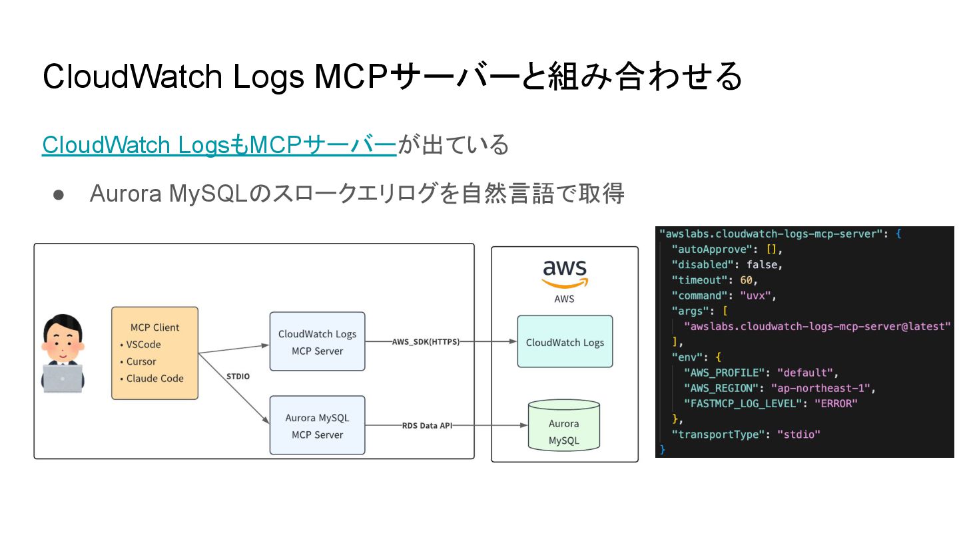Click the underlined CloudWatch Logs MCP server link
click(x=219, y=144)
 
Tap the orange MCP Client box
click(x=155, y=353)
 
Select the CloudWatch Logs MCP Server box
click(x=317, y=341)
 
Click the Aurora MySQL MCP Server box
click(x=317, y=425)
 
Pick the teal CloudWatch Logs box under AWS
click(x=565, y=341)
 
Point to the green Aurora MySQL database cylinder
click(x=564, y=425)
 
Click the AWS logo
click(x=565, y=274)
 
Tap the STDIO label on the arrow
click(x=238, y=377)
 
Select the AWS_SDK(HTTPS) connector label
click(x=426, y=342)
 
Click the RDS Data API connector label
click(x=427, y=426)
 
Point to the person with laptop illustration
click(x=63, y=353)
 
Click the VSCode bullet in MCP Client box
click(x=141, y=345)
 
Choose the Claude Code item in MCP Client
click(x=152, y=379)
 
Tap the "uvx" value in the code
click(x=756, y=295)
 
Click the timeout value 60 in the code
click(x=746, y=280)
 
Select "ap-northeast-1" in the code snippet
click(x=820, y=388)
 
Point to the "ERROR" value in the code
click(x=836, y=403)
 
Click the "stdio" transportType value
click(x=799, y=434)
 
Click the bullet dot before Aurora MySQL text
click(x=59, y=195)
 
